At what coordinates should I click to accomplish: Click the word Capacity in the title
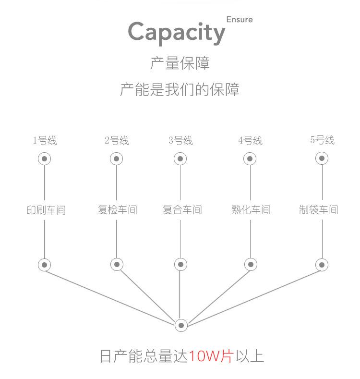176,32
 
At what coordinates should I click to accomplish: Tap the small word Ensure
239,20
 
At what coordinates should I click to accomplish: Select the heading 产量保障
180,63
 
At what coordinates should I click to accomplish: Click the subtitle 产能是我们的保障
180,89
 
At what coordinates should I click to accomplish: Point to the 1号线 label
45,141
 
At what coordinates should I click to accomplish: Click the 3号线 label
180,141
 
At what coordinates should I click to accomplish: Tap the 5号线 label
322,140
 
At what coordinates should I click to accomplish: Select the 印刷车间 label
45,210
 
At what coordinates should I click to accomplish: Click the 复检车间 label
117,210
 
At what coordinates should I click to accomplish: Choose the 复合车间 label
182,210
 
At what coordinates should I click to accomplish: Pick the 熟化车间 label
251,210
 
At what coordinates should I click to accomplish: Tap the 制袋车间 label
318,210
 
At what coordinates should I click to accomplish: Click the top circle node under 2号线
117,159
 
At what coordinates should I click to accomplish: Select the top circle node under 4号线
250,159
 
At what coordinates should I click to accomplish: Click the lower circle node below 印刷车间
45,265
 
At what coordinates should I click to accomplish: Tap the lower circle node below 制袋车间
322,265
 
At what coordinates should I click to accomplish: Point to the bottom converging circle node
181,325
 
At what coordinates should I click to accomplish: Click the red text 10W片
211,356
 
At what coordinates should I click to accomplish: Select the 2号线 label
117,141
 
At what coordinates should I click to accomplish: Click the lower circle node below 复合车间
180,264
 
